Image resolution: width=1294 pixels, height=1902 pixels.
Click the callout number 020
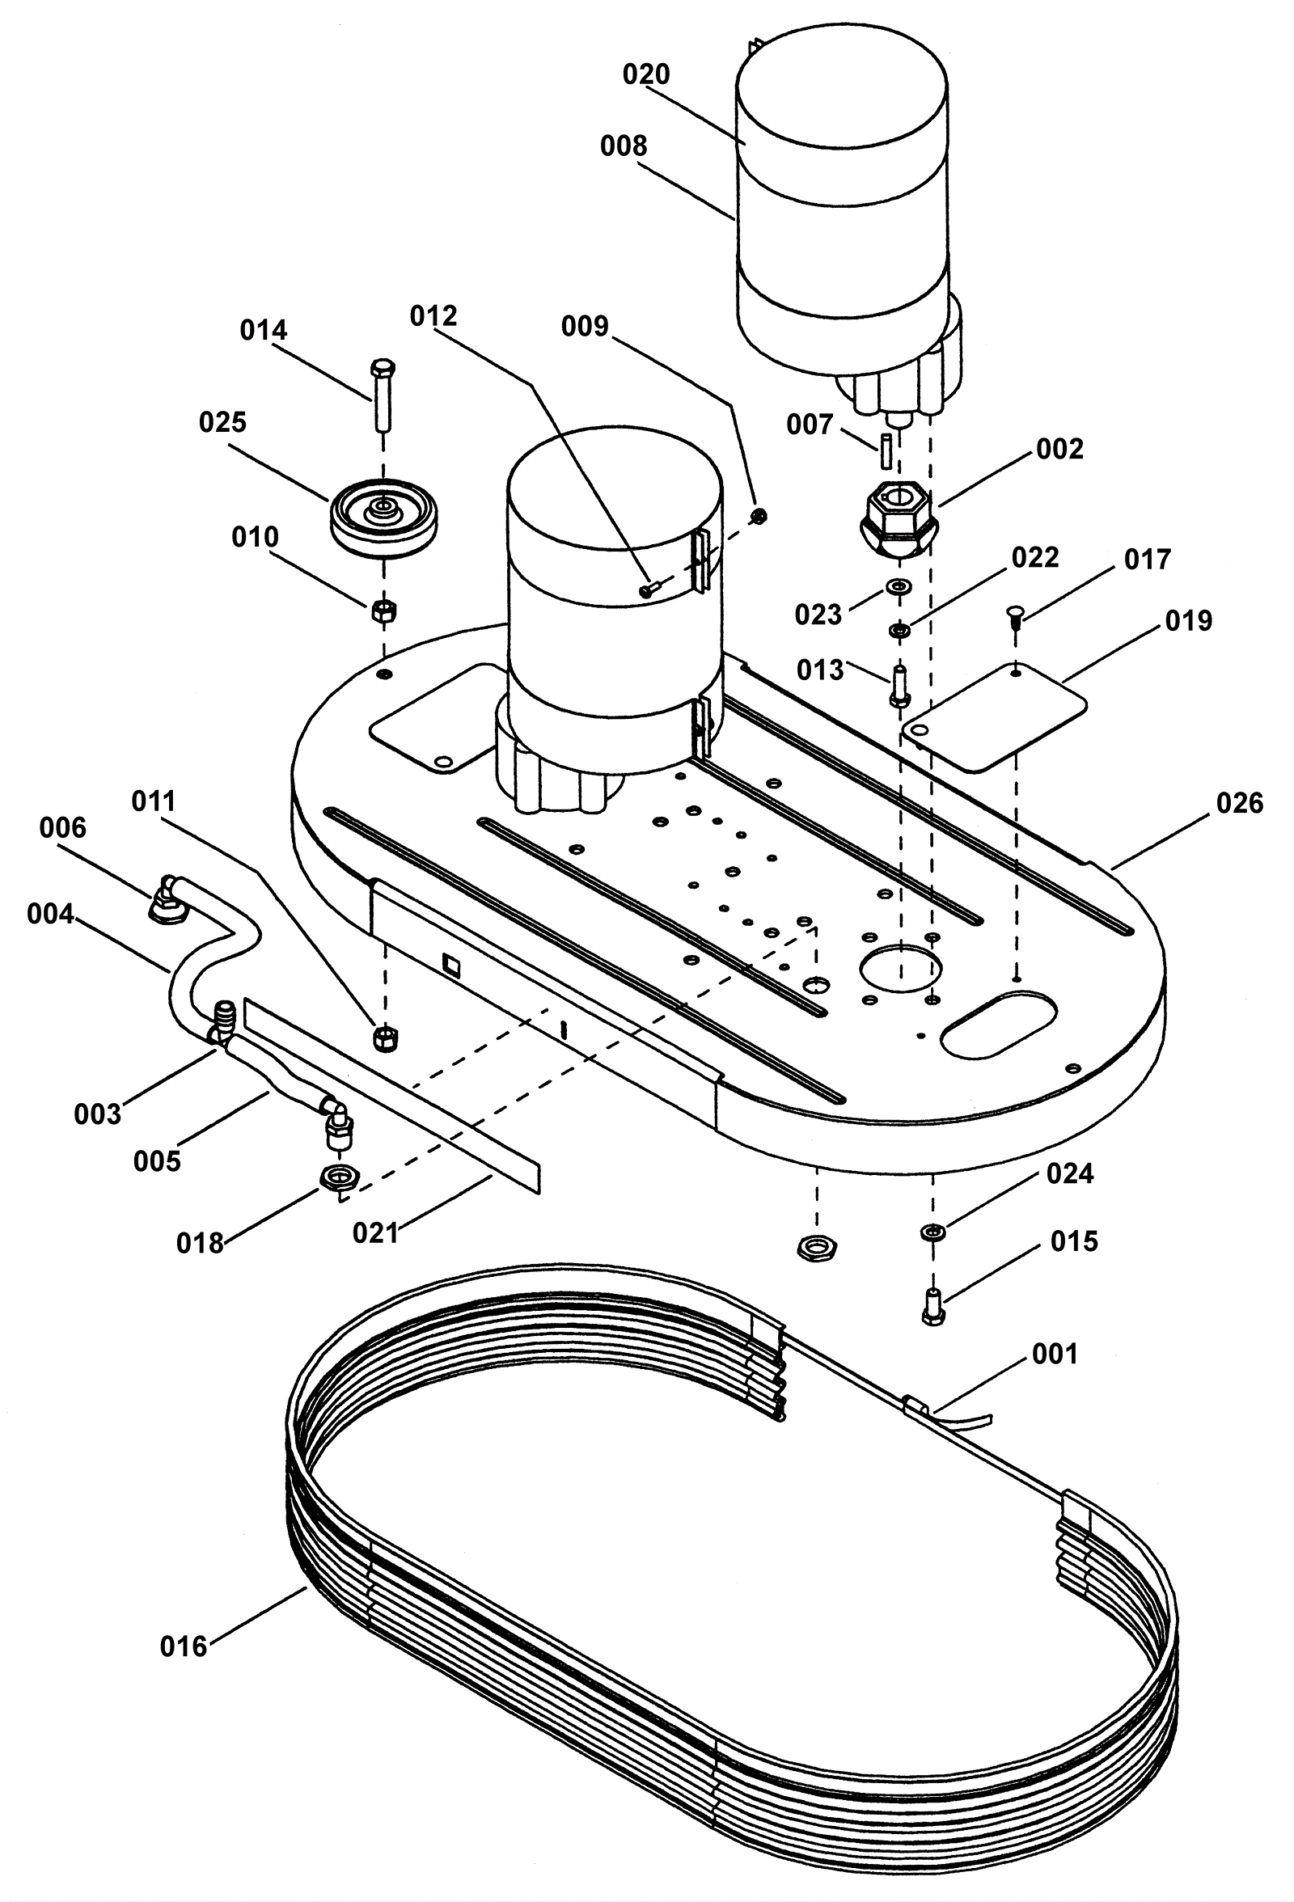[645, 74]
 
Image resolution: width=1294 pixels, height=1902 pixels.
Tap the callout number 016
[184, 1646]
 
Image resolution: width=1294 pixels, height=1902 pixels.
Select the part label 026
[1240, 803]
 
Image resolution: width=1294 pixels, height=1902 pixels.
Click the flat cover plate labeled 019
[994, 717]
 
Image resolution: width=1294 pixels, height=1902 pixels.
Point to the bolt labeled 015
[933, 1307]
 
